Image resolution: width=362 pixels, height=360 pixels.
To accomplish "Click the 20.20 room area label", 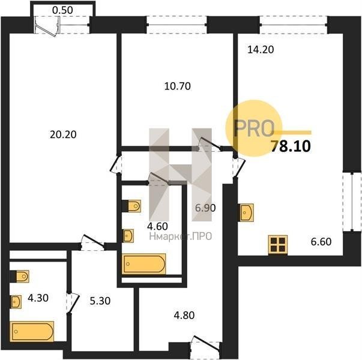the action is pos(63,134).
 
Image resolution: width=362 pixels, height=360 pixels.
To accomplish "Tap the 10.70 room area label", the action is pos(178,86).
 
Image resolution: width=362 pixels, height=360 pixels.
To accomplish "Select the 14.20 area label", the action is pos(261,49).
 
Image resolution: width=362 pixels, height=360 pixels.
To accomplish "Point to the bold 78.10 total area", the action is pos(291,146).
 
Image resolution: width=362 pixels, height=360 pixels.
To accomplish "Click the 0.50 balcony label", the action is pos(62,10).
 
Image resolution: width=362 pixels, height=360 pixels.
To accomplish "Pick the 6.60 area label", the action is pos(321,242).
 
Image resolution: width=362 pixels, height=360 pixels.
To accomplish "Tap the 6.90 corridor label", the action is pos(205,208).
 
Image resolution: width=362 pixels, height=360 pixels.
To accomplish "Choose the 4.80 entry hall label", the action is pos(184,315).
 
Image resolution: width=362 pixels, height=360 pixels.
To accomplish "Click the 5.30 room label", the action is pos(100,301).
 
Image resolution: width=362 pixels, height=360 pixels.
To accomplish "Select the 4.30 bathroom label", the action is pos(38,298).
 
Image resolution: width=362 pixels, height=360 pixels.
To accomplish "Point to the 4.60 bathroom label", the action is pos(157,226).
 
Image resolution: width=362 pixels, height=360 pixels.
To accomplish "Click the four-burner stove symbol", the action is pos(278,245).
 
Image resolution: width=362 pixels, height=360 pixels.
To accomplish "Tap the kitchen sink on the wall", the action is pos(246,212).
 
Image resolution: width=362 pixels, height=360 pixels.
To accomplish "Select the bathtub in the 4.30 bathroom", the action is pos(32,331).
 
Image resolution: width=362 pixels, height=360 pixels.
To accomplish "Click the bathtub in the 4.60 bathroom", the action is pos(144,264).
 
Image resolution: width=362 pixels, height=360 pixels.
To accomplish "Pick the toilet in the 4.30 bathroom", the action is pos(19,276).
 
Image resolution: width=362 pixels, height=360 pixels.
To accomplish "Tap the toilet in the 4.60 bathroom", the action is pos(131,206).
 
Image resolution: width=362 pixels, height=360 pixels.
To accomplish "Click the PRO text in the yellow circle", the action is pos(254,128).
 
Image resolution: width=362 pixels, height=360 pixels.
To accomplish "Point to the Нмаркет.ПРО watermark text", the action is pos(181,236).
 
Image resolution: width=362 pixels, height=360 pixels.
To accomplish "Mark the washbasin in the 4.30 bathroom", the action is pos(16,302).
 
